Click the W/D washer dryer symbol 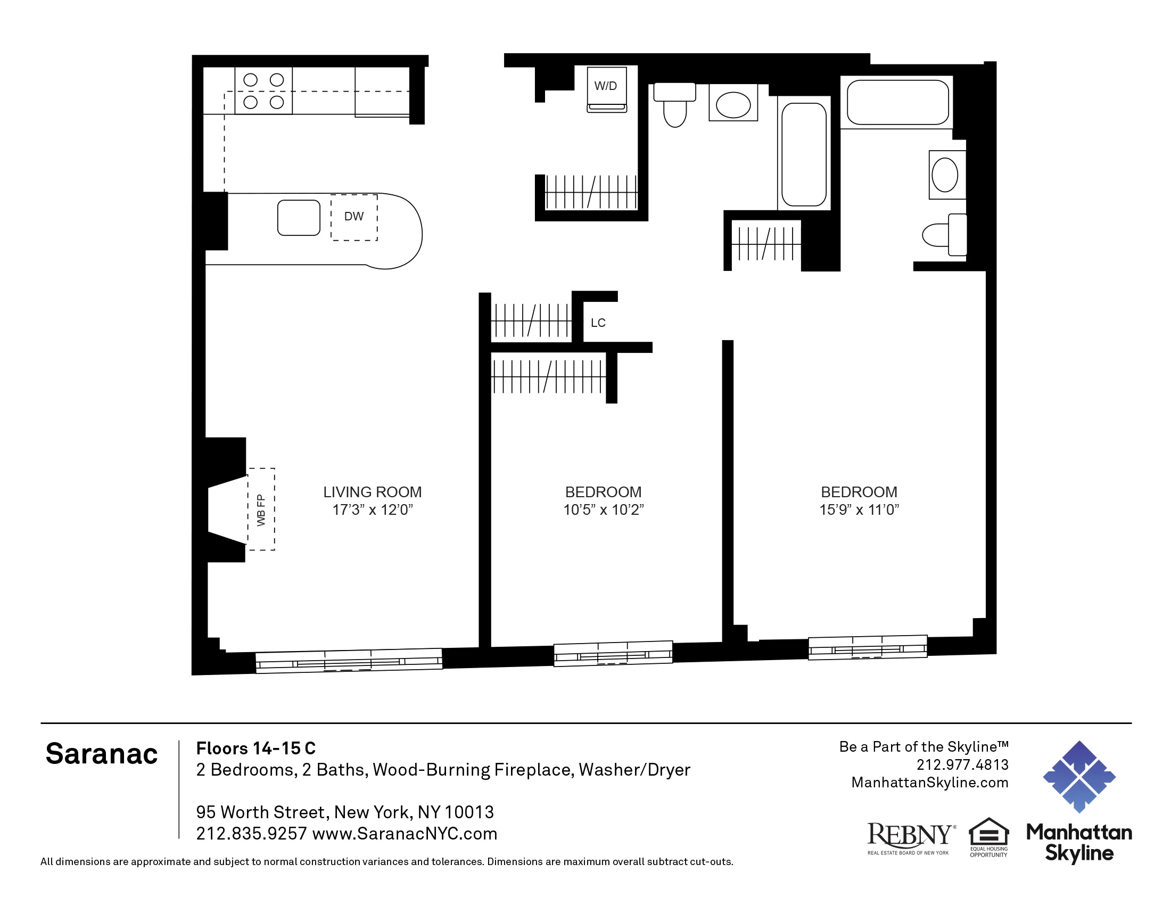[606, 88]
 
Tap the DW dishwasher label [353, 217]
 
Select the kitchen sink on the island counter [299, 218]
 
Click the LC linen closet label [598, 323]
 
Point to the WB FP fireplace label [261, 510]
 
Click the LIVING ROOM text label [372, 492]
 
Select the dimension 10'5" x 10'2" [603, 509]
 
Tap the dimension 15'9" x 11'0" [859, 509]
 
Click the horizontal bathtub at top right [897, 102]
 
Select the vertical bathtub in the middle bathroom [804, 154]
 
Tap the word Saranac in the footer [101, 754]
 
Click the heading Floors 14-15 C [255, 748]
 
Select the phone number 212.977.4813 [962, 764]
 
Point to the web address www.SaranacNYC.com [405, 834]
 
